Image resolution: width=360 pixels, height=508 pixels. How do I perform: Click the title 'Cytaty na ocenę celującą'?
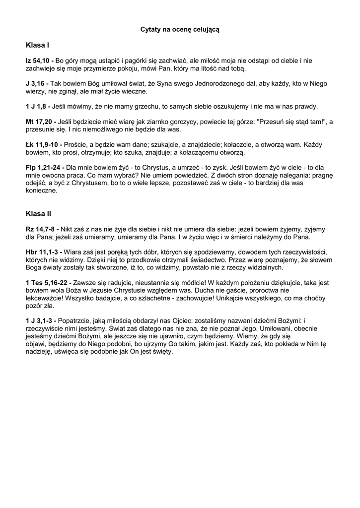point(180,30)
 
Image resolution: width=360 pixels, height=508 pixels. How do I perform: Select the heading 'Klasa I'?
point(37,45)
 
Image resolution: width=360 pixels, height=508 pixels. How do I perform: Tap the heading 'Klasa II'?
point(38,214)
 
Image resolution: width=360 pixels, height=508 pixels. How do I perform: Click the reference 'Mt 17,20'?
point(40,122)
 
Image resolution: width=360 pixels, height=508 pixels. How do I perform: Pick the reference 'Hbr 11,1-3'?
point(43,253)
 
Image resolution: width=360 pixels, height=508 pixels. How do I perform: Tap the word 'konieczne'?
point(42,190)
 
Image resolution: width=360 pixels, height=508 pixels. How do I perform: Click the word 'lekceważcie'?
point(45,299)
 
